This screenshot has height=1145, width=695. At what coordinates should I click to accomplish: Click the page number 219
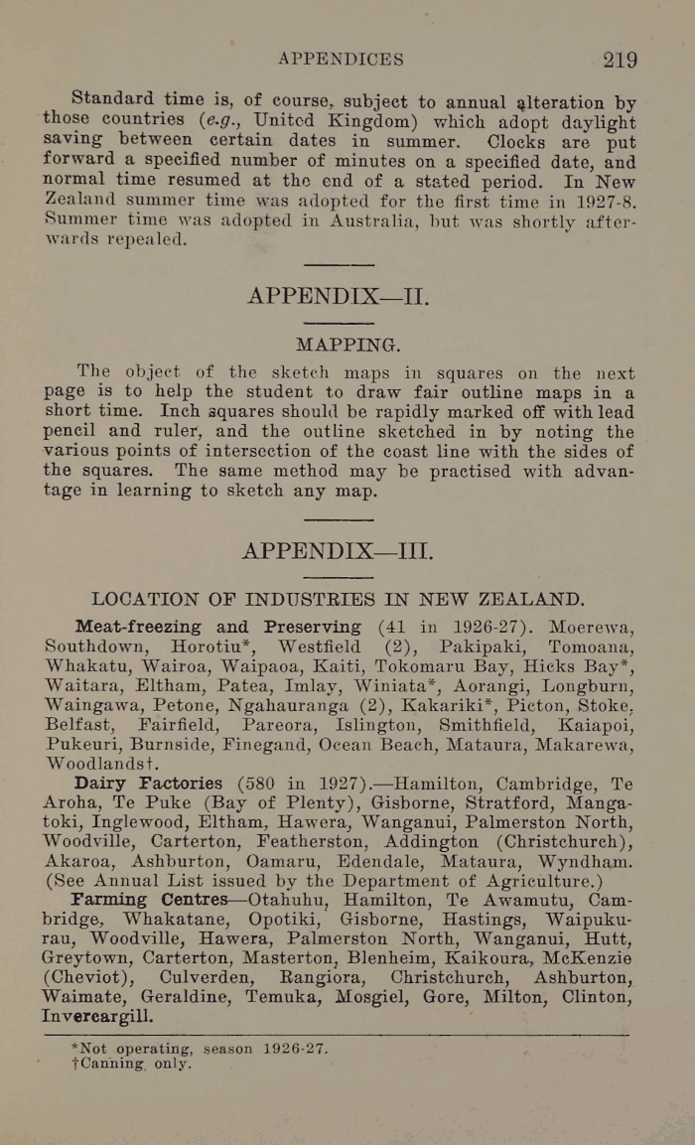(620, 60)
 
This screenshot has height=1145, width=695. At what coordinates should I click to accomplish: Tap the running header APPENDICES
(341, 60)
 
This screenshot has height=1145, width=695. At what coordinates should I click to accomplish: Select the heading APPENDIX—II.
(338, 296)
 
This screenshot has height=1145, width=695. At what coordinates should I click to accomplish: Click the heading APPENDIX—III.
(338, 550)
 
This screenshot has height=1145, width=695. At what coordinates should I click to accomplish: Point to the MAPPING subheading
(347, 346)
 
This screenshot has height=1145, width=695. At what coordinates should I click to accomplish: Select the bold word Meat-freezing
(138, 628)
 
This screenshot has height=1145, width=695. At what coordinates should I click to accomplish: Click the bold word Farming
(111, 900)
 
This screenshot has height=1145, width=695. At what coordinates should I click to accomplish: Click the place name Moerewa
(592, 628)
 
